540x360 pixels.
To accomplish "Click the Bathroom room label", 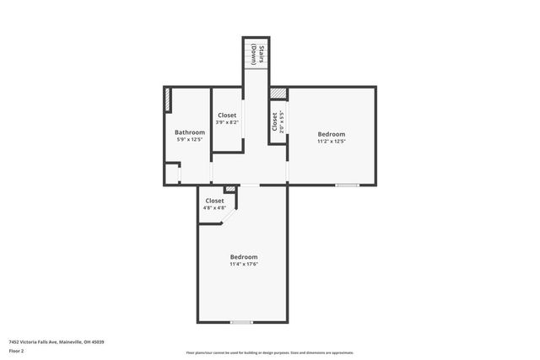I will click(x=190, y=132).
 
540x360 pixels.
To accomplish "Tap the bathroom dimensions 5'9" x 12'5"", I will click(x=190, y=139).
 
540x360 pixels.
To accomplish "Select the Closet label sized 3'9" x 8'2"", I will click(x=227, y=116).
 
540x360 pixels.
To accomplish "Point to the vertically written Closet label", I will click(x=275, y=121).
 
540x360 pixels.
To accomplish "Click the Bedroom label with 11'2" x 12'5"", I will click(x=331, y=134).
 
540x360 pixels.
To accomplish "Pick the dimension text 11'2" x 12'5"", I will click(x=331, y=141).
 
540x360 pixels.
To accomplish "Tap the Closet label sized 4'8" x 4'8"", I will click(x=214, y=201).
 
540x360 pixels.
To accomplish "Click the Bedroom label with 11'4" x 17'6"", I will click(x=244, y=256).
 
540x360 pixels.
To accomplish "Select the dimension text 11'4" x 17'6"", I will click(x=244, y=264).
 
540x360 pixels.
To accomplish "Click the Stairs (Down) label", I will click(x=262, y=54).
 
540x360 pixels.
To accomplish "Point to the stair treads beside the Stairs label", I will click(x=251, y=55).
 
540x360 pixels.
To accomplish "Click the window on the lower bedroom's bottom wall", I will click(x=242, y=321).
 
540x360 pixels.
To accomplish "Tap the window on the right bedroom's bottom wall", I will click(x=347, y=185).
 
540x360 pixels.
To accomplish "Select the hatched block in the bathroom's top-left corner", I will click(x=169, y=100).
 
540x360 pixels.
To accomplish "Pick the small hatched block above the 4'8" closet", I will click(x=229, y=190).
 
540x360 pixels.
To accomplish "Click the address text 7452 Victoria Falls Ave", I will click(x=56, y=341).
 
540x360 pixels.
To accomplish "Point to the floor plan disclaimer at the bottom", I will click(x=270, y=353).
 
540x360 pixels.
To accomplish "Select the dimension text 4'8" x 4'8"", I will click(x=214, y=207).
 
